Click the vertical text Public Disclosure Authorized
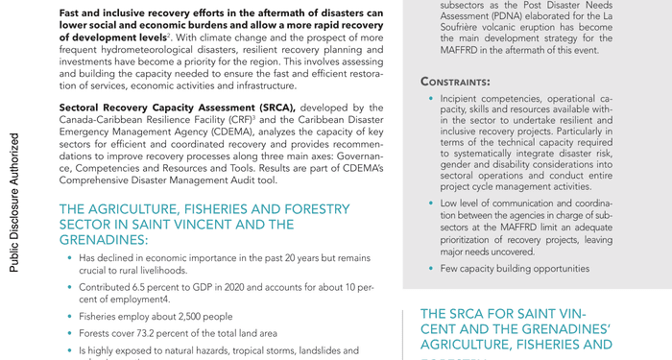coord(14,202)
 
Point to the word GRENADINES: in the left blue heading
coord(105,240)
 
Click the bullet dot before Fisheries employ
coord(69,316)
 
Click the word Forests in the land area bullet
coord(98,333)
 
